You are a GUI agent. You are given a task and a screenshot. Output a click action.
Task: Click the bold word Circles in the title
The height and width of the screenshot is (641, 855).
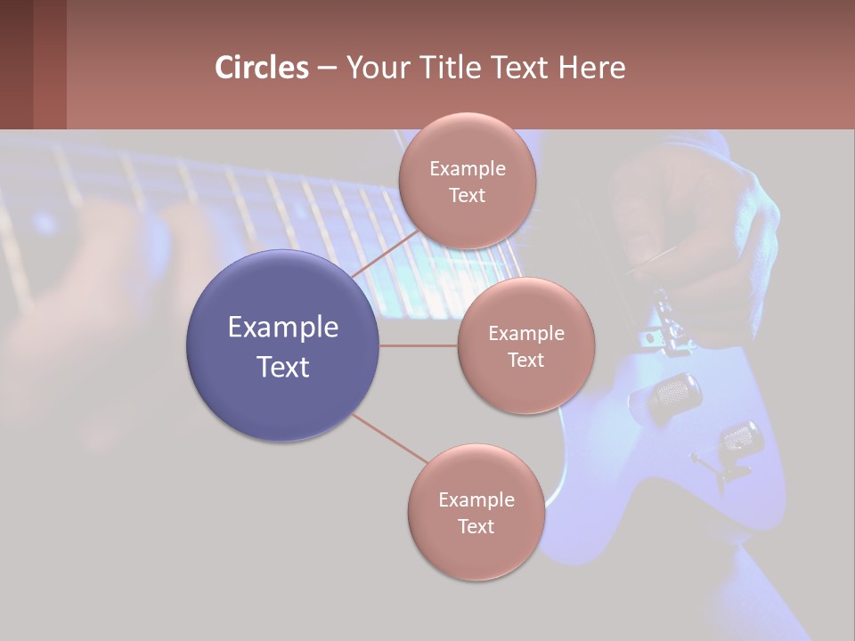click(x=262, y=68)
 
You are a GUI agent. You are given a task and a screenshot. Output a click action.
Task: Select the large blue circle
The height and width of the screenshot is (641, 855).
click(x=282, y=345)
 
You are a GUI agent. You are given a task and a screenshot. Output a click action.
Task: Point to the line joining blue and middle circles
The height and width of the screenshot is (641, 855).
click(x=419, y=345)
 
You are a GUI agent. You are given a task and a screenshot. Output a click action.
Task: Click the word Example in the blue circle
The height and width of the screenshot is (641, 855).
click(x=282, y=328)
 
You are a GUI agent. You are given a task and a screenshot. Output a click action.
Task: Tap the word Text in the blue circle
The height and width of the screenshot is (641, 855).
click(x=282, y=367)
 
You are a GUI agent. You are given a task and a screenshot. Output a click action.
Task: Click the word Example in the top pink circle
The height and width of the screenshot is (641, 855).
click(x=467, y=169)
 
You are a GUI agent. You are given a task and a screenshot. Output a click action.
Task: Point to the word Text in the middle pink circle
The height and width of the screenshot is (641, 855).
click(x=526, y=360)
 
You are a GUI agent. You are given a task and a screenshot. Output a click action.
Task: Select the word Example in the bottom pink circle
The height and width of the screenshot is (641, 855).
click(x=476, y=499)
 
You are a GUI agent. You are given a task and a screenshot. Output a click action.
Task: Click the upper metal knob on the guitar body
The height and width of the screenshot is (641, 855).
click(x=674, y=395)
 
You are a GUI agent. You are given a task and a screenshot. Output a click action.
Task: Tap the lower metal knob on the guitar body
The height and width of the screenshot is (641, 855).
click(x=738, y=438)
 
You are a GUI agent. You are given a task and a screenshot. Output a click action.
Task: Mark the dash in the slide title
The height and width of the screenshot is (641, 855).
click(x=327, y=69)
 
